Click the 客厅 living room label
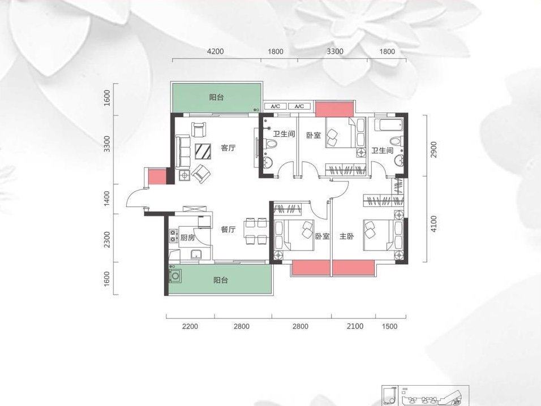point(229,148)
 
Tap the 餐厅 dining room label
point(229,229)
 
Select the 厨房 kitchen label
point(188,237)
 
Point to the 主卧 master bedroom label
point(347,236)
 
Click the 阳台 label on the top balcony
point(217,97)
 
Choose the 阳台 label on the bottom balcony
point(221,280)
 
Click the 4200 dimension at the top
point(215,51)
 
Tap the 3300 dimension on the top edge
point(335,51)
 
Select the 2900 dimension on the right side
point(433,149)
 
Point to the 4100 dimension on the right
point(433,224)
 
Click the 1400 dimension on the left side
point(106,199)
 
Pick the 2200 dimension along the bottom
point(190,326)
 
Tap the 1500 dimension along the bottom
point(389,326)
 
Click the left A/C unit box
point(276,106)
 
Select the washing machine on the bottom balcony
point(175,276)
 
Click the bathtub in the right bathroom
point(389,124)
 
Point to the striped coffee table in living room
point(203,152)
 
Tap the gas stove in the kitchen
point(173,235)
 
